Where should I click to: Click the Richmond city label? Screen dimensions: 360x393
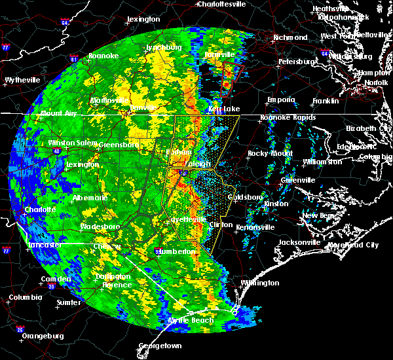[290, 37]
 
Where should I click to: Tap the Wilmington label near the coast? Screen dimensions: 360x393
[259, 283]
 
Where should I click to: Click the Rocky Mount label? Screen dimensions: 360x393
[266, 153]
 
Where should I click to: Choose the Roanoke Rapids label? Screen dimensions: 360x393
[288, 117]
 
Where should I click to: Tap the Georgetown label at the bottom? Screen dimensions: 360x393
[160, 345]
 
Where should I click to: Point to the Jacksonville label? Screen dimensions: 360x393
[299, 242]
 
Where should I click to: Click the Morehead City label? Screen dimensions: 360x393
[354, 245]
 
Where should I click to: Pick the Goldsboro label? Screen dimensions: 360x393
[244, 197]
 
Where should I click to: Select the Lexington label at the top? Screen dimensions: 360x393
[143, 19]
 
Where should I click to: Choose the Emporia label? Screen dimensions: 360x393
[280, 99]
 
